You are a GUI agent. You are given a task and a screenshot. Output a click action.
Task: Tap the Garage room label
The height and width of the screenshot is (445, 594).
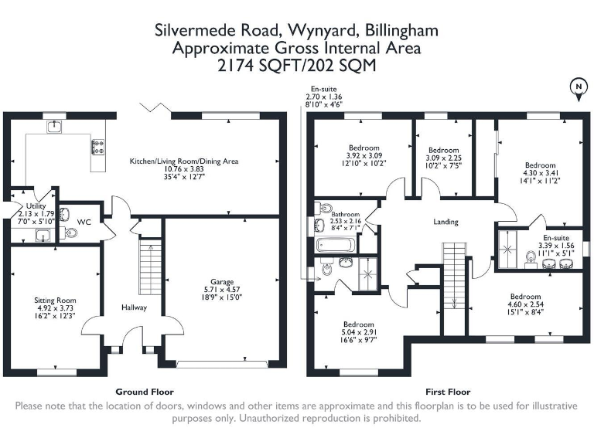click(222, 282)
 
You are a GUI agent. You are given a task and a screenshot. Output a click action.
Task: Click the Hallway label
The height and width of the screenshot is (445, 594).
click(133, 307)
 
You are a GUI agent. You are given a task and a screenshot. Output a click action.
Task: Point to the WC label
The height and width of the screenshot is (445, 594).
click(84, 222)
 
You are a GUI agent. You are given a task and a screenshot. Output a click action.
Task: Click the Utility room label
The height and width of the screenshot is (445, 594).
click(36, 206)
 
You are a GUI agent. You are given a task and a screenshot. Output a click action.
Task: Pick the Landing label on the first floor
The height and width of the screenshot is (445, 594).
click(445, 222)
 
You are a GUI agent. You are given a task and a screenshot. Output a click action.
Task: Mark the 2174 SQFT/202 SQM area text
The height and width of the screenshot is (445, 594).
click(296, 66)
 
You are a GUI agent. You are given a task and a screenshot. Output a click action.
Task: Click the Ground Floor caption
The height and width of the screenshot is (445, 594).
click(144, 392)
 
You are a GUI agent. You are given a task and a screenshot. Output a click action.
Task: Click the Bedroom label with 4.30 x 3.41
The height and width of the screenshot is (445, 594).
click(540, 165)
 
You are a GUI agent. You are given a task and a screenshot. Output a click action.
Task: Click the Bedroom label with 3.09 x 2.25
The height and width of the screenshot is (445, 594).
click(444, 150)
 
